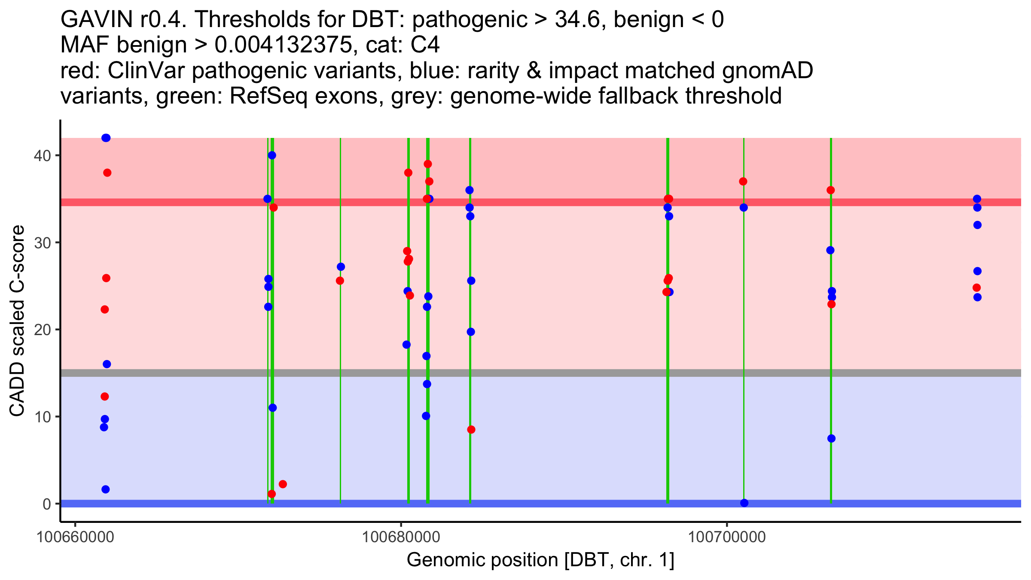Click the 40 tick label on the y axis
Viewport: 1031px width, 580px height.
(42, 156)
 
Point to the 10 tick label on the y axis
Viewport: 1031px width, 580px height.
(42, 417)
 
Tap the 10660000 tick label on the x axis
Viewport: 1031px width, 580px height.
(75, 537)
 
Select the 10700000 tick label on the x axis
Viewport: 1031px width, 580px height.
(727, 537)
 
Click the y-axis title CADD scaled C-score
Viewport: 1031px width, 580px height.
(17, 321)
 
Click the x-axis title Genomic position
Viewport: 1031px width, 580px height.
(540, 560)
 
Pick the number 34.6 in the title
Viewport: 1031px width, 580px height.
(577, 19)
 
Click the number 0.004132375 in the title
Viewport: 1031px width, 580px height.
(282, 45)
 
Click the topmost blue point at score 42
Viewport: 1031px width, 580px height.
(106, 138)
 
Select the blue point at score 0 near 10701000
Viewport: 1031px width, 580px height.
(744, 503)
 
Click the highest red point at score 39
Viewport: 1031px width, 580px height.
(427, 164)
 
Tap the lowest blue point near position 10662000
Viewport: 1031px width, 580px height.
(106, 489)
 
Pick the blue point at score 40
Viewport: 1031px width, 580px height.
(272, 155)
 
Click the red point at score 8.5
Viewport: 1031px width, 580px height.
(471, 430)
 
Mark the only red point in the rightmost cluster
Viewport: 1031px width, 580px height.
(976, 287)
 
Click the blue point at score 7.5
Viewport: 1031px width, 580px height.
(831, 439)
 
